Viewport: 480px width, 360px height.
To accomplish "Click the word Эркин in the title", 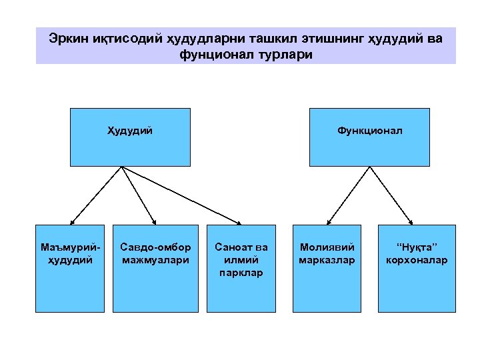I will tap(67, 38).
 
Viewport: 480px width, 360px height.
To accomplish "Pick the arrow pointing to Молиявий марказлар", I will tap(347, 194).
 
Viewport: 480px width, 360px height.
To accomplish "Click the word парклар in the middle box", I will tap(241, 273).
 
